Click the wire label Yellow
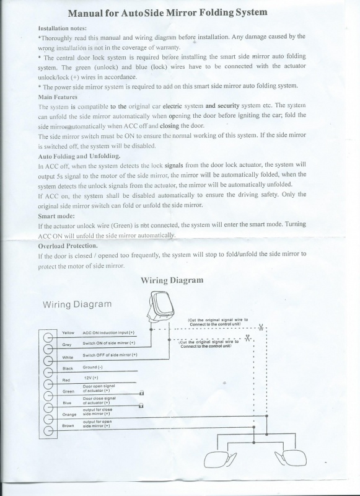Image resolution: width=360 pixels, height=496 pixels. tap(68, 333)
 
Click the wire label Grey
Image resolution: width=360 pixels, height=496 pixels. tap(66, 344)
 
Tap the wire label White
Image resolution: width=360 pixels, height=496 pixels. tap(68, 357)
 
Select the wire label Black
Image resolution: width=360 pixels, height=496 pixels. tap(68, 369)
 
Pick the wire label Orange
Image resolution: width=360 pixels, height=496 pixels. tap(69, 414)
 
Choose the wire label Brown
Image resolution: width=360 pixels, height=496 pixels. tap(69, 426)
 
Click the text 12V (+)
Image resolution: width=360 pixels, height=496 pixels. tap(92, 378)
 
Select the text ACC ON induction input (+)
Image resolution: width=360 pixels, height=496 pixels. tap(109, 333)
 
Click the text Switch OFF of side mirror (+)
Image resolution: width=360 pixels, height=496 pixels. tap(110, 355)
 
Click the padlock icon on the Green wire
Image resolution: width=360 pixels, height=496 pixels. tap(141, 392)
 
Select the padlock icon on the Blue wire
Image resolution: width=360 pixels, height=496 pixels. tap(141, 405)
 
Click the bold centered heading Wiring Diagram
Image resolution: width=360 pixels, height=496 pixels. tap(172, 280)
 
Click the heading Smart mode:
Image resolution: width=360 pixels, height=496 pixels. tap(56, 216)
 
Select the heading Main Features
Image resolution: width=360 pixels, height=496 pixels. tap(58, 97)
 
